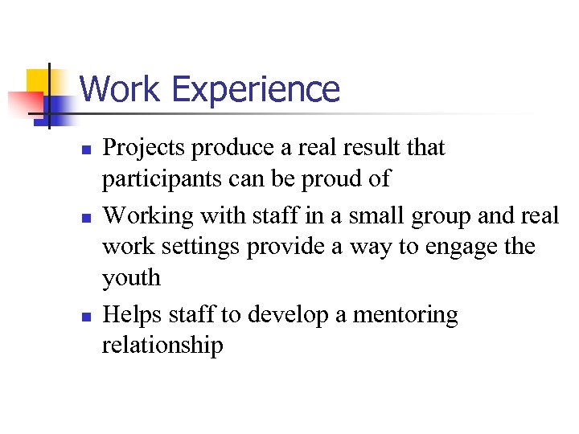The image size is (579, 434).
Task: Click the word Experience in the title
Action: pos(257,90)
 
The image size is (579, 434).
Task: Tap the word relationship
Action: pos(162,346)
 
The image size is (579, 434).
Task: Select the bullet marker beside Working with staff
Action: pos(84,216)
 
